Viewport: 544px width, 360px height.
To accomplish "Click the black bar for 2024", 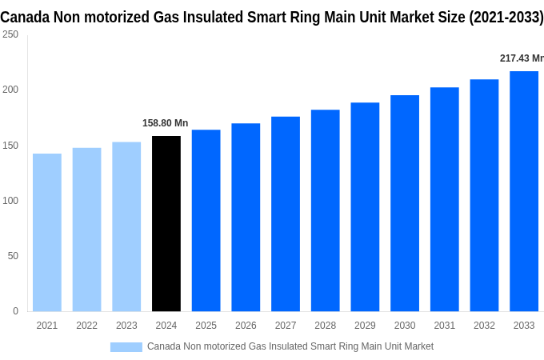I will click(x=166, y=223).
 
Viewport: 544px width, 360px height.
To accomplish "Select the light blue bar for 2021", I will click(x=47, y=232).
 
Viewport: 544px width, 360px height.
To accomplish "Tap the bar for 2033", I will click(x=524, y=191).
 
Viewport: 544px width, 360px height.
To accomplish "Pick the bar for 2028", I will click(x=325, y=210).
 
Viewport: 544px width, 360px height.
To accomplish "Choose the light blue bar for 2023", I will click(x=126, y=226).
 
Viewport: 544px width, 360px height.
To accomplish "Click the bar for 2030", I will click(x=405, y=203).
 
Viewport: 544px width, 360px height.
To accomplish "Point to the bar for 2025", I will click(x=206, y=220).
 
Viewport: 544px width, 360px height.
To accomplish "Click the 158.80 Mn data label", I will click(x=166, y=123).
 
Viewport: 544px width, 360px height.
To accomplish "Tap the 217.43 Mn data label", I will click(x=521, y=58).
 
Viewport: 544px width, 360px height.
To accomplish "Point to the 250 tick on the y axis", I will click(x=10, y=34).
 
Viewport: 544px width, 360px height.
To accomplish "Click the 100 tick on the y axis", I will click(x=10, y=200).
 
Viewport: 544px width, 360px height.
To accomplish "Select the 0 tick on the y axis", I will click(x=15, y=310).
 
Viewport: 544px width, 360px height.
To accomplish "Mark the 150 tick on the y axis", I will click(x=10, y=145).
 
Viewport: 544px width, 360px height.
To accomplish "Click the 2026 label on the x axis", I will click(x=246, y=326).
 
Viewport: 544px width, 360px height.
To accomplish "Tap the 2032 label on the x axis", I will click(x=484, y=326).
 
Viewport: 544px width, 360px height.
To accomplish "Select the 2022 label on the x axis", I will click(x=86, y=326).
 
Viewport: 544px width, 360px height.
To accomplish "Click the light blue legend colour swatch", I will click(x=126, y=346).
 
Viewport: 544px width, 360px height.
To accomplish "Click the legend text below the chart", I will click(x=290, y=346).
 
